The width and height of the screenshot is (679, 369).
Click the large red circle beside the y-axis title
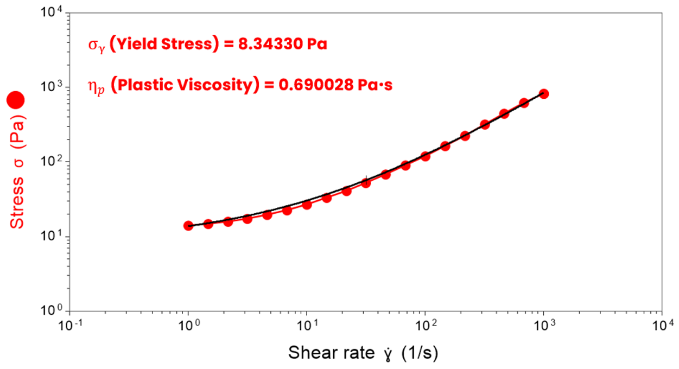pos(16,100)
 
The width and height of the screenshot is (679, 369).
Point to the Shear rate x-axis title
pos(363,353)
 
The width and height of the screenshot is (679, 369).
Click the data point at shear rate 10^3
pos(543,94)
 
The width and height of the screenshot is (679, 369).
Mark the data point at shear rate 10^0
pos(188,226)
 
